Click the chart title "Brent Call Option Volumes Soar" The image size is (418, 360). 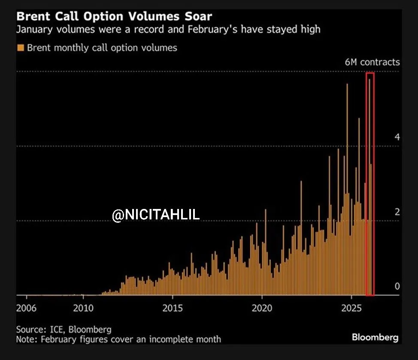(x=114, y=17)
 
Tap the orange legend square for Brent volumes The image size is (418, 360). (x=21, y=48)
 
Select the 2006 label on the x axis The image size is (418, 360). (x=27, y=308)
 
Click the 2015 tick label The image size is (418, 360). (x=173, y=308)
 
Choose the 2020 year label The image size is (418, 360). (x=262, y=308)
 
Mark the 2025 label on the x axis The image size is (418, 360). (x=351, y=308)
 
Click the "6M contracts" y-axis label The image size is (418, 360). (x=372, y=62)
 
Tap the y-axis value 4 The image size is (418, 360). (x=397, y=137)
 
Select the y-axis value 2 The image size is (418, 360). (x=397, y=212)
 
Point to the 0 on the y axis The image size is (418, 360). (x=397, y=286)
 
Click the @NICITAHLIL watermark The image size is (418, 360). (x=156, y=215)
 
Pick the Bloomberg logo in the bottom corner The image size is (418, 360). (x=375, y=337)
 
